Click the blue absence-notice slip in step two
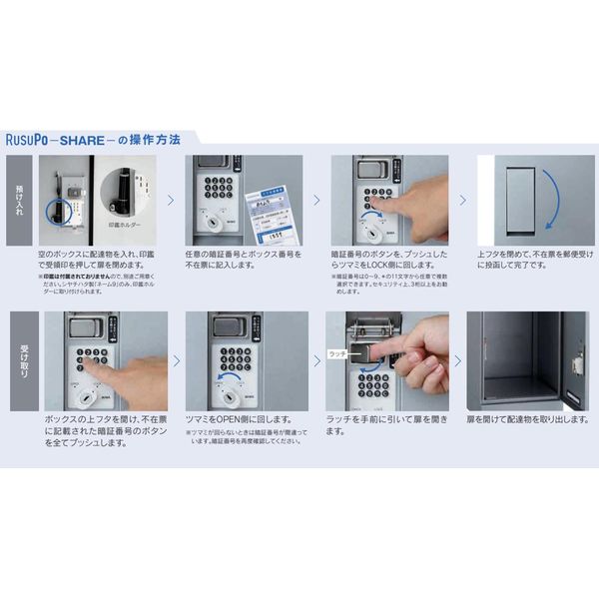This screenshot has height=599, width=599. click(265, 211)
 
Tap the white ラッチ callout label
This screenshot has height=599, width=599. click(337, 354)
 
